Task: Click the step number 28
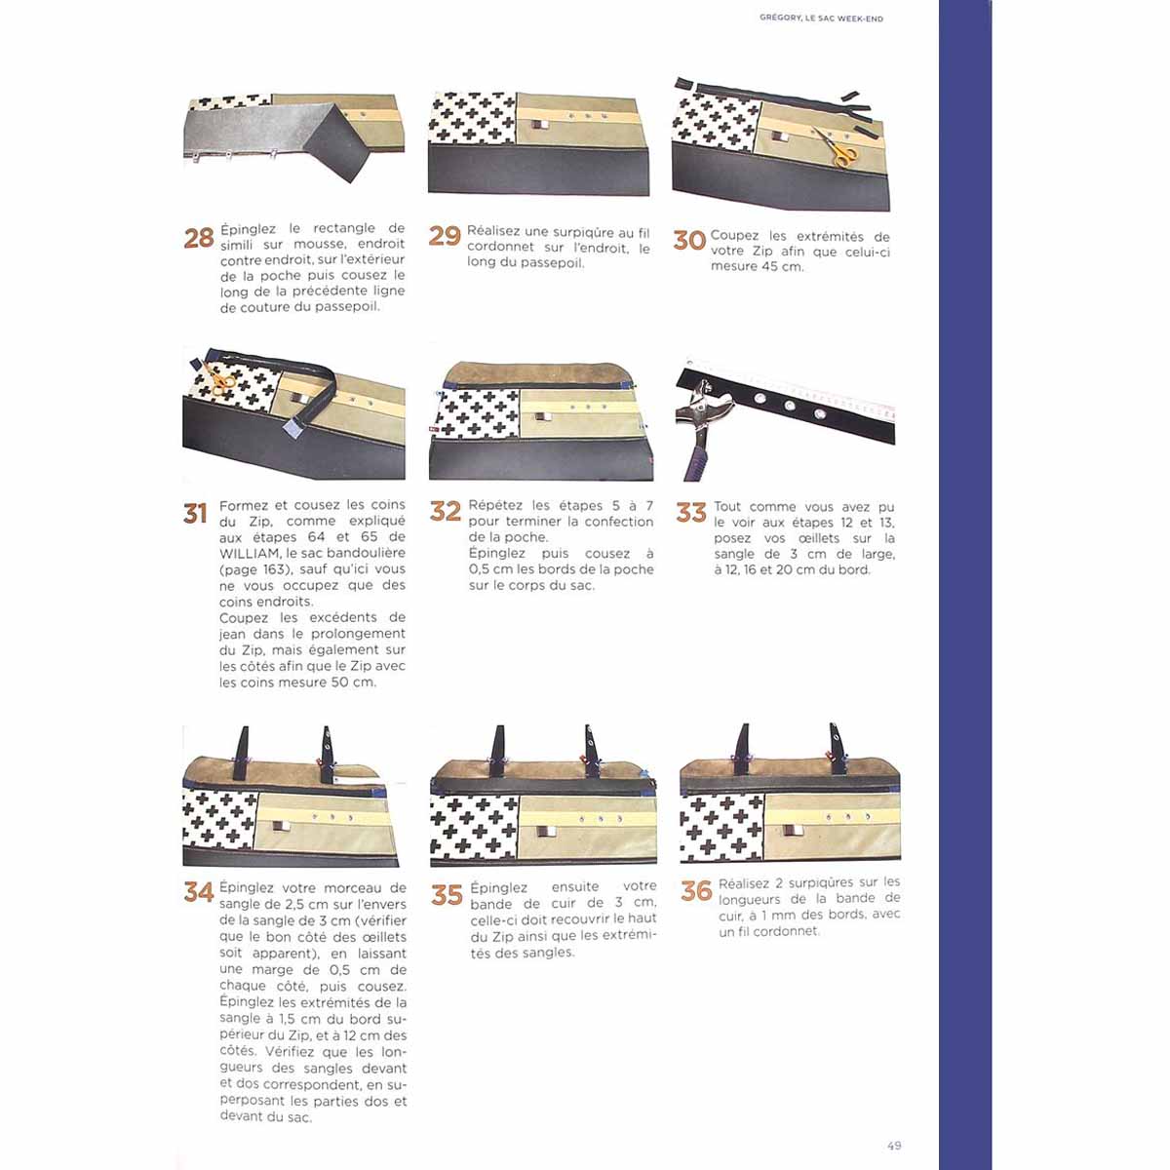pos(199,238)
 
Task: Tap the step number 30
pos(689,241)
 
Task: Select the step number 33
pos(691,513)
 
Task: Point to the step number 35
pos(447,895)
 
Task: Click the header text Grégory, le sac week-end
pos(822,19)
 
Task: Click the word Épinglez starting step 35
pos(498,887)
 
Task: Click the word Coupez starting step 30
pos(732,236)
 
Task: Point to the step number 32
pos(445,511)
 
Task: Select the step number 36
pos(696,891)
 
